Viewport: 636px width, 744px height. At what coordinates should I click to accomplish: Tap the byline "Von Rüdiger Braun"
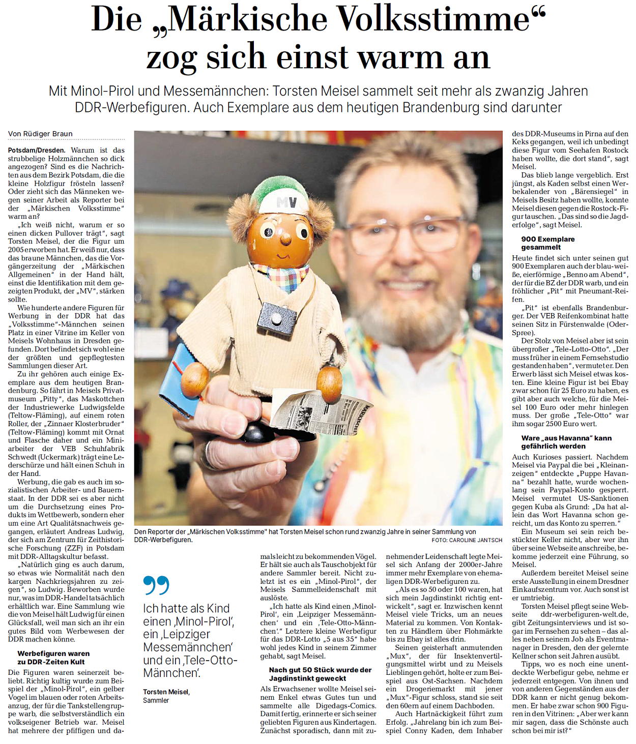coord(40,134)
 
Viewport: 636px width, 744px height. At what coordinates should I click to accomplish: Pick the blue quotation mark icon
coord(155,586)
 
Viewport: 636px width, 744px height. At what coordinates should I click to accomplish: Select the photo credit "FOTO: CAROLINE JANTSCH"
coord(467,540)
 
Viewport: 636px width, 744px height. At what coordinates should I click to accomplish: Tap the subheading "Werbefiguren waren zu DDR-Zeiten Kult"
coord(53,658)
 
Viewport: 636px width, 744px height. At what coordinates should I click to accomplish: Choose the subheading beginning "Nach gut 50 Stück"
coord(320,674)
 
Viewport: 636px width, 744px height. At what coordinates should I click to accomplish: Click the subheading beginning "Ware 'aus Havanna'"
coord(566,442)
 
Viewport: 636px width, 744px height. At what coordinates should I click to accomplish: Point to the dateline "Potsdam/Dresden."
coord(37,151)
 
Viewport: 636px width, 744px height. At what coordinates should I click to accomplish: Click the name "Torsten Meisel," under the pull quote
coord(166,692)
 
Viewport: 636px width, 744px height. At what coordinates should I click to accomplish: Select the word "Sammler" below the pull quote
coord(156,701)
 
